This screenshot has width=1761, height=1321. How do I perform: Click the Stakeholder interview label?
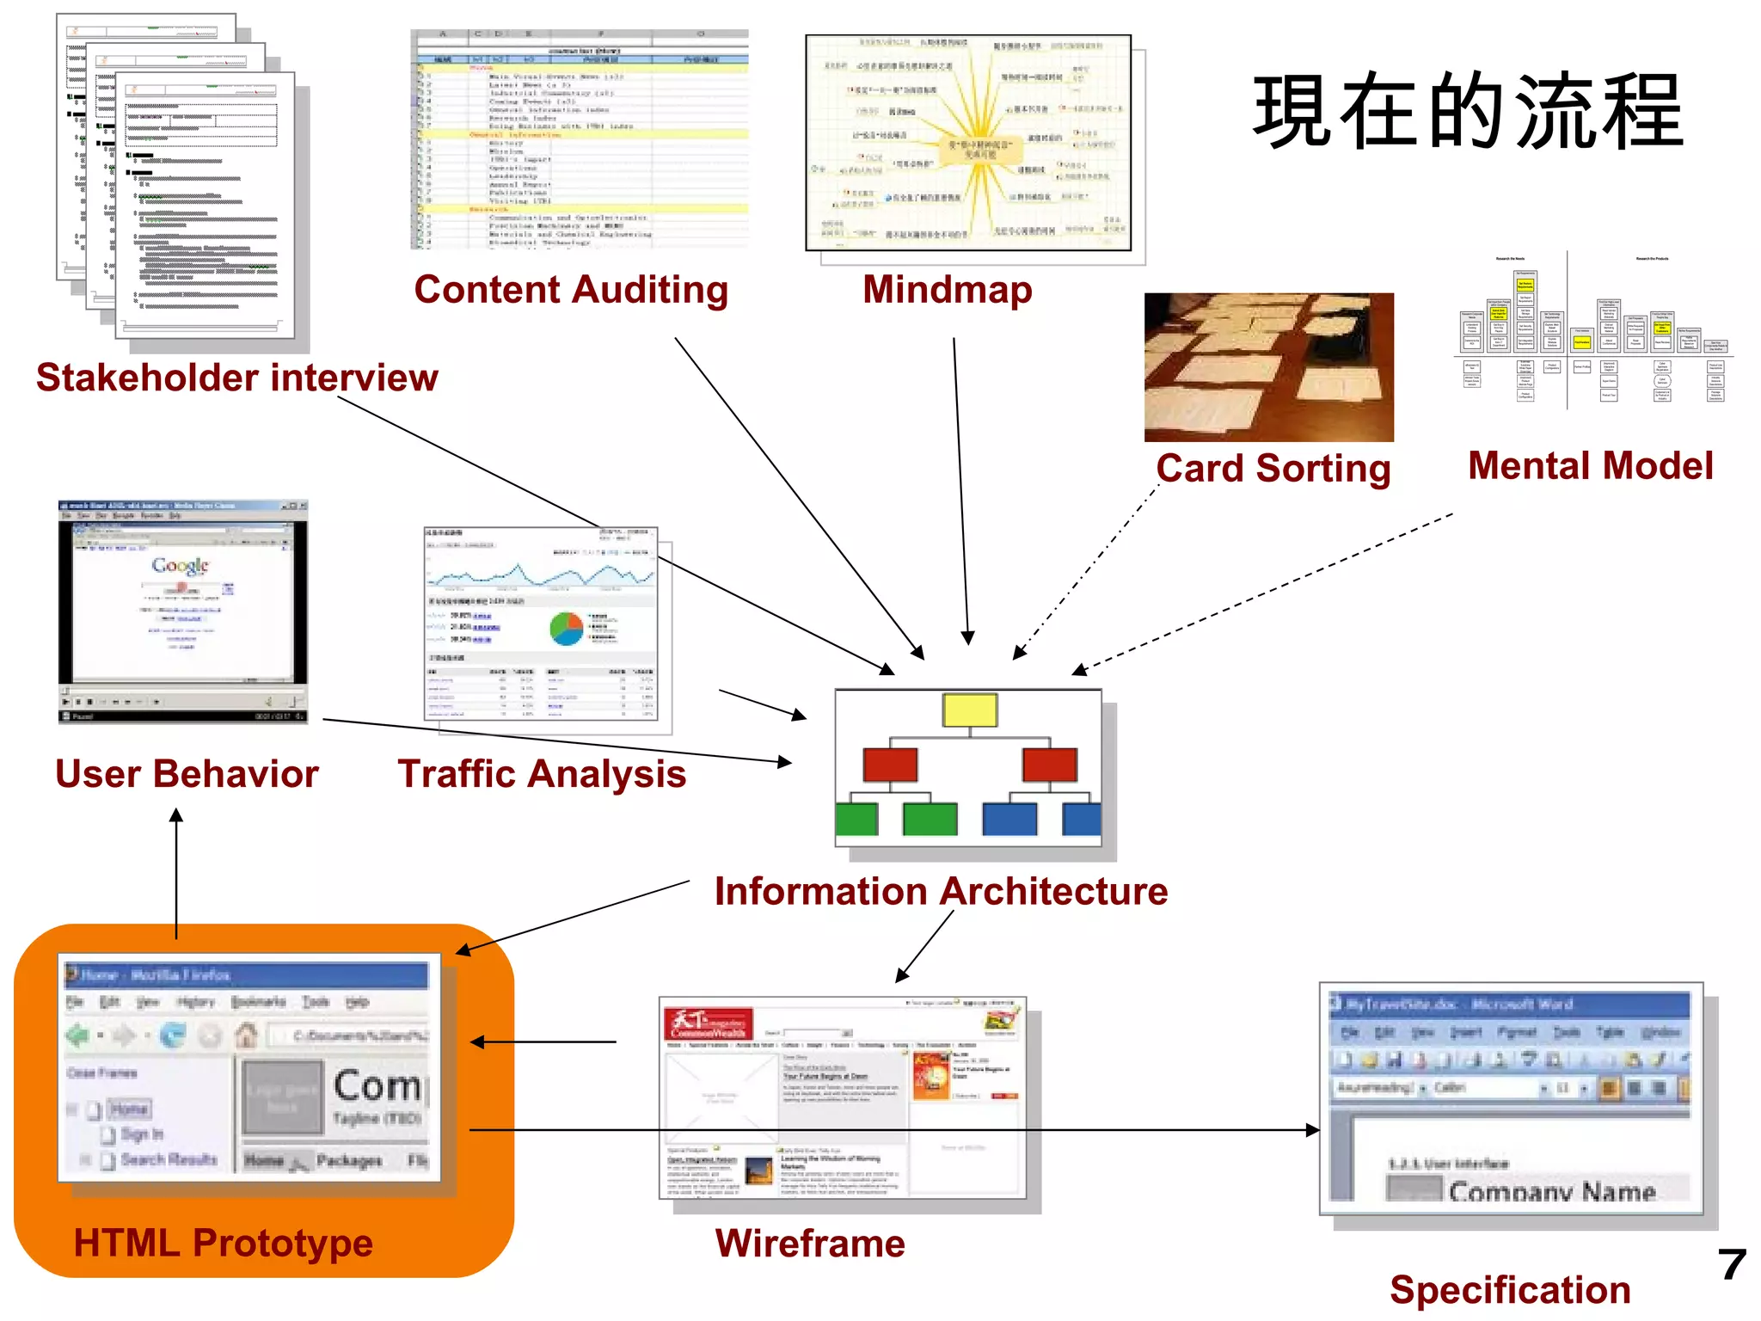(236, 378)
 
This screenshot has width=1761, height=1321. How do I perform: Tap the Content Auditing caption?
(571, 290)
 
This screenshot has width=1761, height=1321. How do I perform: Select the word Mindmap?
(947, 290)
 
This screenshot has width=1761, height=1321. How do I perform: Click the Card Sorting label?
(1273, 469)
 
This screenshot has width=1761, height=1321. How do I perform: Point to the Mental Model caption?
(1590, 466)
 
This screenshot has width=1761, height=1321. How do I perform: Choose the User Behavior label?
(187, 774)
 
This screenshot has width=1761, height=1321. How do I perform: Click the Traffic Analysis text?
(542, 774)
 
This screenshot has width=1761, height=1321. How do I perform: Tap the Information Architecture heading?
(941, 892)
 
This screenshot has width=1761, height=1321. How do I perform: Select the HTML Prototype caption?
(224, 1244)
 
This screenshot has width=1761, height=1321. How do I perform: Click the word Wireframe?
(810, 1244)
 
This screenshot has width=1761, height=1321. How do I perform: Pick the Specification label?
(1510, 1290)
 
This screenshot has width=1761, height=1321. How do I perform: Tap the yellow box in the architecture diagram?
(969, 710)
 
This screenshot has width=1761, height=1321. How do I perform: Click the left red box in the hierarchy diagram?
(890, 765)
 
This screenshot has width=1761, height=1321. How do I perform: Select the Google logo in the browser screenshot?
(181, 565)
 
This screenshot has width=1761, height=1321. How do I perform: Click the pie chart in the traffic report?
(567, 629)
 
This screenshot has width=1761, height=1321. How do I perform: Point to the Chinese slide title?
(1467, 112)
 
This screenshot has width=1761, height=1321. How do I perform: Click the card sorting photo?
(1268, 367)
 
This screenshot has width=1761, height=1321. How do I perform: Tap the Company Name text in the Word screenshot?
(1551, 1191)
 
